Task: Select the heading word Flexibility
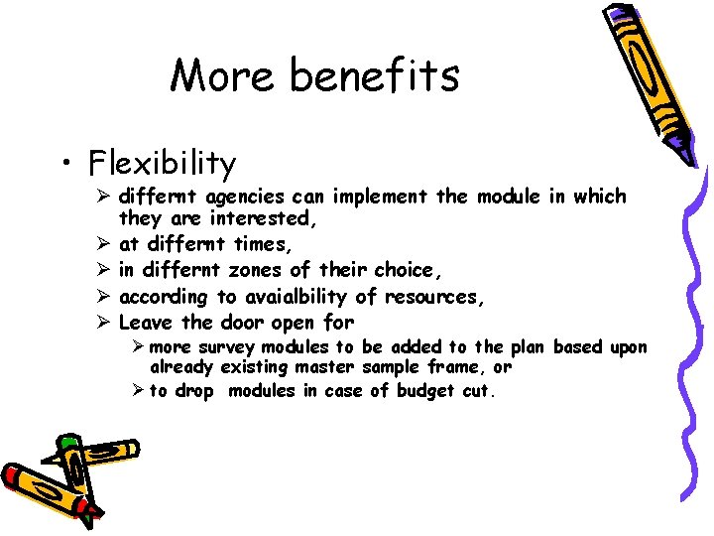click(162, 162)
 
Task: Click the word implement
click(382, 197)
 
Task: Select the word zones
click(249, 270)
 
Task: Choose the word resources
click(433, 296)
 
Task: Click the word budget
click(426, 391)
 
